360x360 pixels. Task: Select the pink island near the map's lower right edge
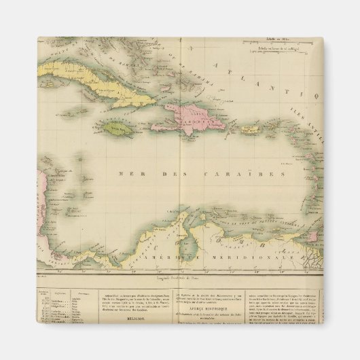314,238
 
